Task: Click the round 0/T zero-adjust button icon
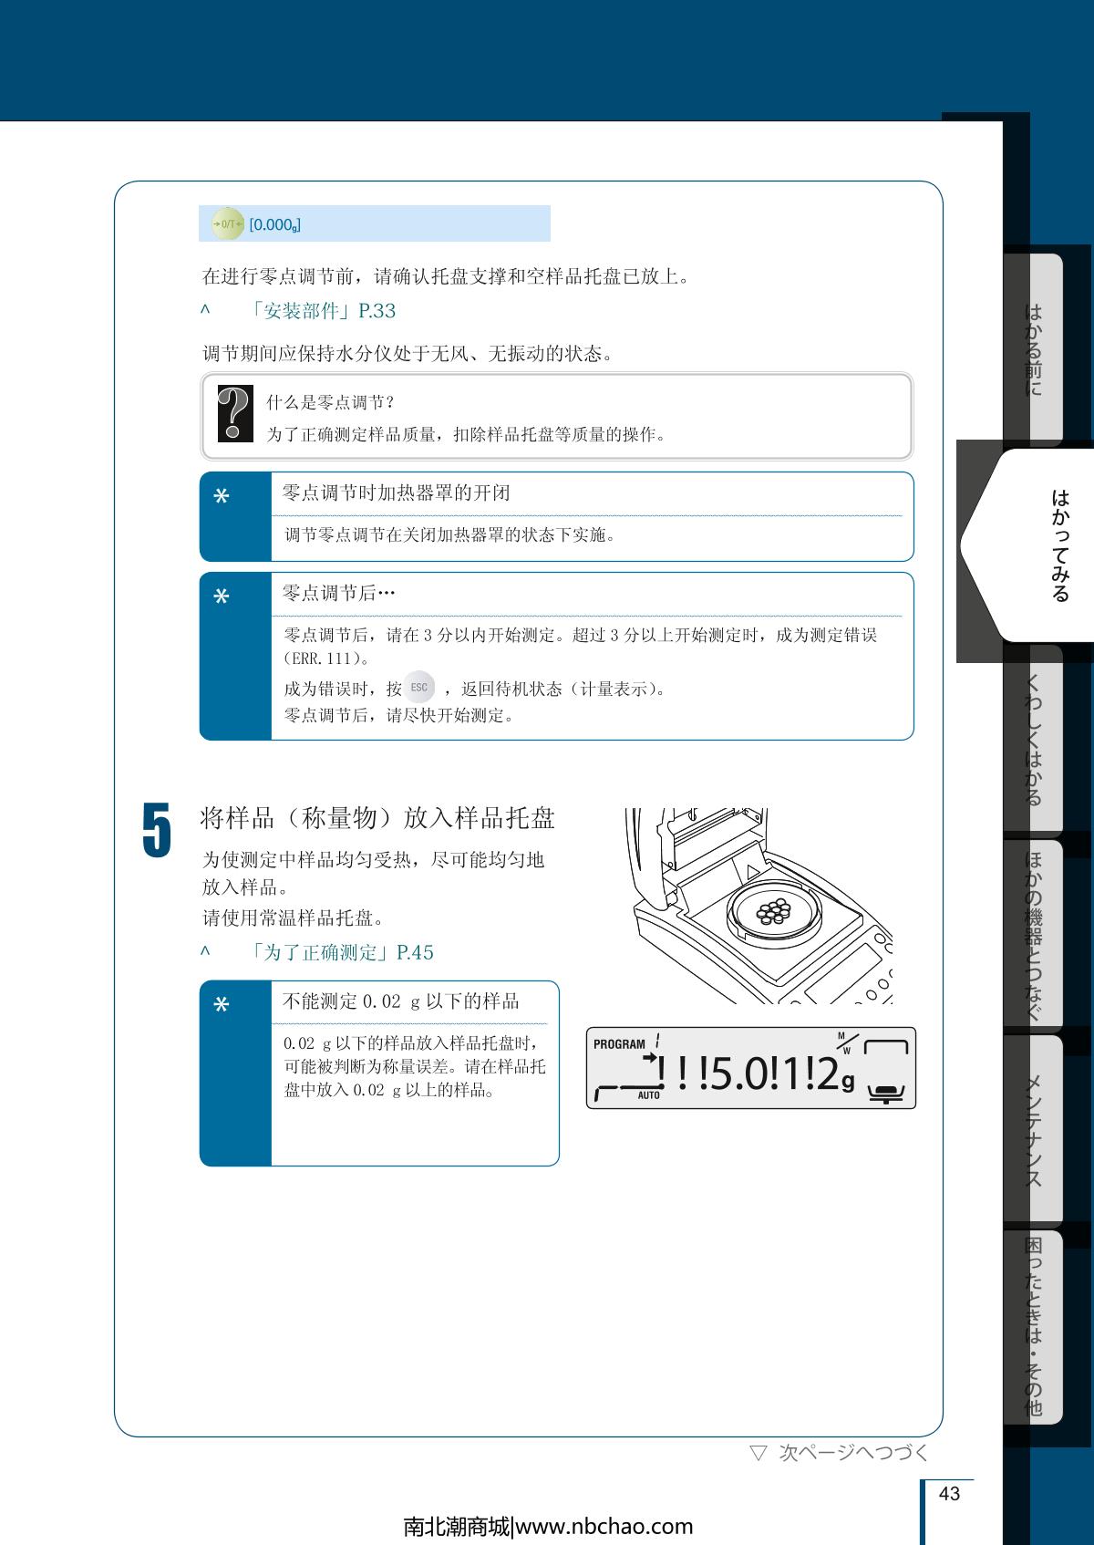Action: [228, 224]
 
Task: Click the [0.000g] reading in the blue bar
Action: [275, 225]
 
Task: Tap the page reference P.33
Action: [377, 311]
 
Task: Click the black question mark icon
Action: [235, 413]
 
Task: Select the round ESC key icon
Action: [418, 687]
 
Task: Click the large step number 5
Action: [157, 830]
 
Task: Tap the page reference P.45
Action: [415, 952]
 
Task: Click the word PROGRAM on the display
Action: [619, 1044]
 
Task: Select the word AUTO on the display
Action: [649, 1095]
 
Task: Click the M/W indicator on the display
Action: [847, 1042]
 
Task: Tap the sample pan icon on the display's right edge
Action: [886, 1093]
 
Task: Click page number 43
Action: [949, 1493]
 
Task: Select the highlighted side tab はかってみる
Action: [1060, 544]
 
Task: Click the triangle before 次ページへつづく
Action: [759, 1453]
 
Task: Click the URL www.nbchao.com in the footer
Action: [604, 1527]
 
